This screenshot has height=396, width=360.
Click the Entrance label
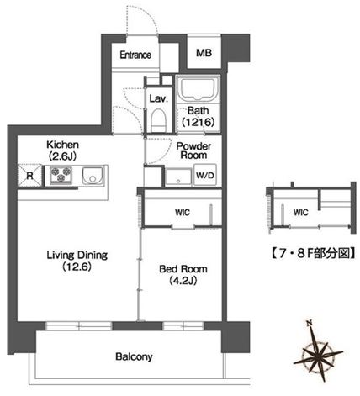coord(135,55)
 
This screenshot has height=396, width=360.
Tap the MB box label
coord(203,53)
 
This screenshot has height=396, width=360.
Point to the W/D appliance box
coord(204,176)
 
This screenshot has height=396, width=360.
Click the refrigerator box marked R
coord(30,176)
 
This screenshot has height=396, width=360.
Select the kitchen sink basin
coord(91,176)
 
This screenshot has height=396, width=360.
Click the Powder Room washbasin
coord(177,177)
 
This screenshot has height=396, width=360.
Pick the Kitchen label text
coord(63,145)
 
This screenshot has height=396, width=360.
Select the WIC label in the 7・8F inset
coord(301,212)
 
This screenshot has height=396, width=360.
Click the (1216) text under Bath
coord(199,122)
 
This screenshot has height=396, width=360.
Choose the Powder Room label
coord(193,150)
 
